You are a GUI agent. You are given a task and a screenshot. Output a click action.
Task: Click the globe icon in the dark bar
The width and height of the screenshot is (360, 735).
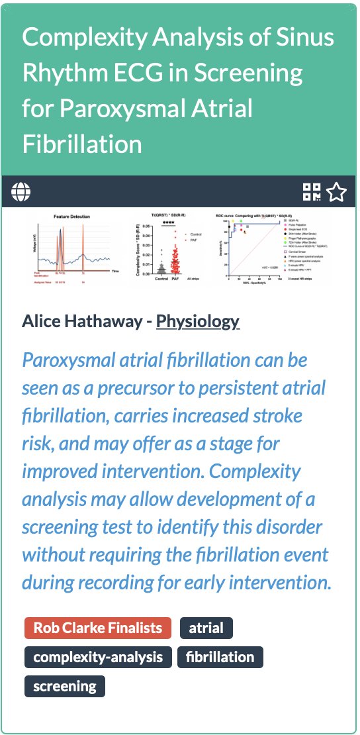pyautogui.click(x=21, y=192)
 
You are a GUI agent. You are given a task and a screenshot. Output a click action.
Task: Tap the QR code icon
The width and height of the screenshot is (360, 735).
pyautogui.click(x=312, y=192)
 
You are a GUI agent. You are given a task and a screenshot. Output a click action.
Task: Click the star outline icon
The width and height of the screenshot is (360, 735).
pyautogui.click(x=337, y=192)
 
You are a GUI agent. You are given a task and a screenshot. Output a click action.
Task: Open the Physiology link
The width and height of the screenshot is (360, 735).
pyautogui.click(x=197, y=322)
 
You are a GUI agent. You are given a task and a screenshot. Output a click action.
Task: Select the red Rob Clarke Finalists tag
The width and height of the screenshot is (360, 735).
pyautogui.click(x=98, y=628)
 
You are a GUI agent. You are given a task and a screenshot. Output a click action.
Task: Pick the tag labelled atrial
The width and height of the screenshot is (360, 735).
pyautogui.click(x=206, y=628)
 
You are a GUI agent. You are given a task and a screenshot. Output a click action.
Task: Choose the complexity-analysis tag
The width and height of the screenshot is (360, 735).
pyautogui.click(x=98, y=657)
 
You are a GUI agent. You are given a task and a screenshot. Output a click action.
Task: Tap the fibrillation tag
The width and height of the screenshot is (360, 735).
pyautogui.click(x=220, y=657)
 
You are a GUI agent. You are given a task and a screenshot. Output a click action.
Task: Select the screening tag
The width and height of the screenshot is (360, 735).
pyautogui.click(x=65, y=686)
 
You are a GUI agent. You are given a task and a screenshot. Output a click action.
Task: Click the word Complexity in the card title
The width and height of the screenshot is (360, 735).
pyautogui.click(x=87, y=37)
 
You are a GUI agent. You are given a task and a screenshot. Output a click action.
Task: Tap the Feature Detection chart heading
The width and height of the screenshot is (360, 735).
pyautogui.click(x=71, y=217)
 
